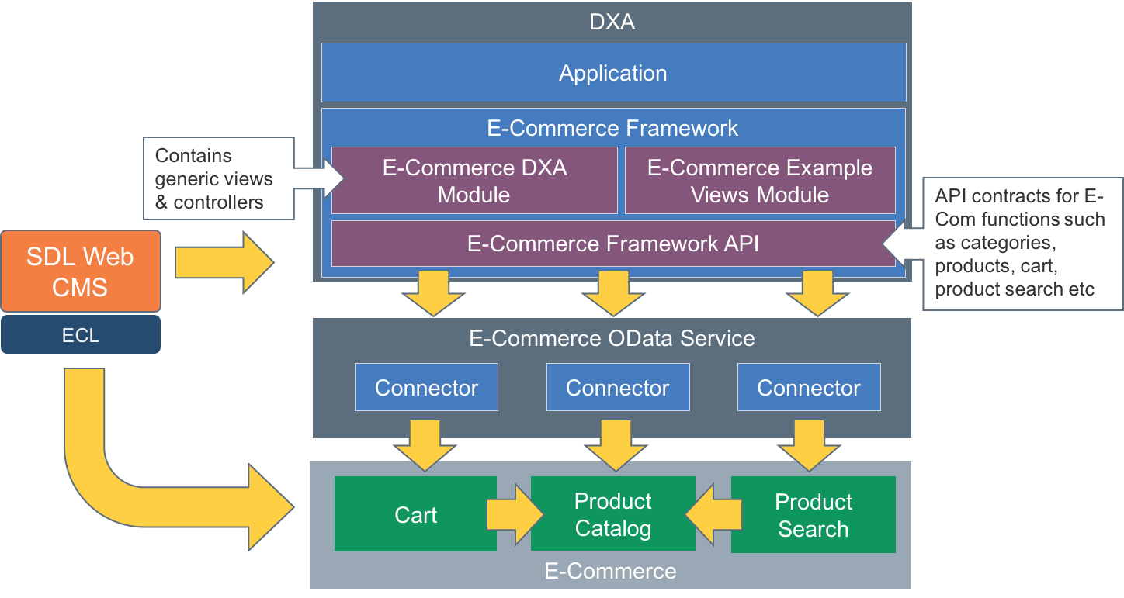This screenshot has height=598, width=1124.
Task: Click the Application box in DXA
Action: pyautogui.click(x=613, y=73)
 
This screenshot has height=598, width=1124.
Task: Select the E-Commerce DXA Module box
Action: pyautogui.click(x=474, y=181)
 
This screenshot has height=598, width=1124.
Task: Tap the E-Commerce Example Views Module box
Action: pyautogui.click(x=759, y=181)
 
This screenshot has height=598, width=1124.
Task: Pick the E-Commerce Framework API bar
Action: pyautogui.click(x=612, y=244)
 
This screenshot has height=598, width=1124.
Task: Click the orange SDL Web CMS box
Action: pyautogui.click(x=81, y=271)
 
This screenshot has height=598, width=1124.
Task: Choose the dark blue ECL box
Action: pyautogui.click(x=81, y=335)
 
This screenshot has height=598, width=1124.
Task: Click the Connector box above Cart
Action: pyautogui.click(x=426, y=387)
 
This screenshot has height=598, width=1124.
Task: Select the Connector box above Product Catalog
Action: pyautogui.click(x=618, y=387)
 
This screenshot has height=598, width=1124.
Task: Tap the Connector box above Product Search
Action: pyautogui.click(x=809, y=387)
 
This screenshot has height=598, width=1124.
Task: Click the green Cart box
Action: pyautogui.click(x=415, y=514)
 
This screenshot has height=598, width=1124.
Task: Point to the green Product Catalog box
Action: pyautogui.click(x=612, y=514)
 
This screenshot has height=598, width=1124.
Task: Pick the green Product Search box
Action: pyautogui.click(x=813, y=514)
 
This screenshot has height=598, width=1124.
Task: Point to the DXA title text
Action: pyautogui.click(x=612, y=22)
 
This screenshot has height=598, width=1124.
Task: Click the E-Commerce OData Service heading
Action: pyautogui.click(x=612, y=338)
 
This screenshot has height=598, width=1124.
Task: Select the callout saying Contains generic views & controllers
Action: pyautogui.click(x=213, y=179)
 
